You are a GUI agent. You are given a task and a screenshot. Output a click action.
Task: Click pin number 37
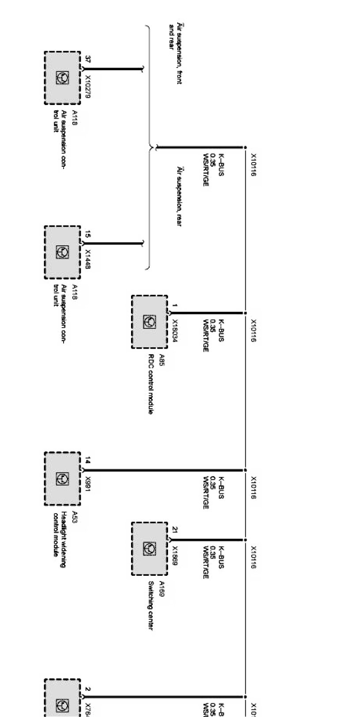pos(88,60)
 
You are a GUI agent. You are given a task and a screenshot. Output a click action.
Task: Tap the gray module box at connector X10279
pos(62,78)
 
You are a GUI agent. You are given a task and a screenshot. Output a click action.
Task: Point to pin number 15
pos(88,234)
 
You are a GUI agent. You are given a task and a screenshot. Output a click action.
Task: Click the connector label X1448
pos(88,259)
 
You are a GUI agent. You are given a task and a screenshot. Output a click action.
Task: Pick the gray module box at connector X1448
pos(62,252)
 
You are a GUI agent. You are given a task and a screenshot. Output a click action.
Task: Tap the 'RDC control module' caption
pos(150,384)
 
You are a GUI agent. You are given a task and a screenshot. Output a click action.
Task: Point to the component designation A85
pos(161,358)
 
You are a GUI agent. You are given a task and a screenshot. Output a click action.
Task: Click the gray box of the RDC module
pos(150,322)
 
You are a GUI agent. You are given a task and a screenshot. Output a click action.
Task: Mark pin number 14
pos(88,461)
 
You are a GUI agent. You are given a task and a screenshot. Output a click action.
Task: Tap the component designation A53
pos(74,517)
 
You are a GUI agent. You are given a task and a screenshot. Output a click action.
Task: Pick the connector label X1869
pos(175,558)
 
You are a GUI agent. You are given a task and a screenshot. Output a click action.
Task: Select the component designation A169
pos(161,589)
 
